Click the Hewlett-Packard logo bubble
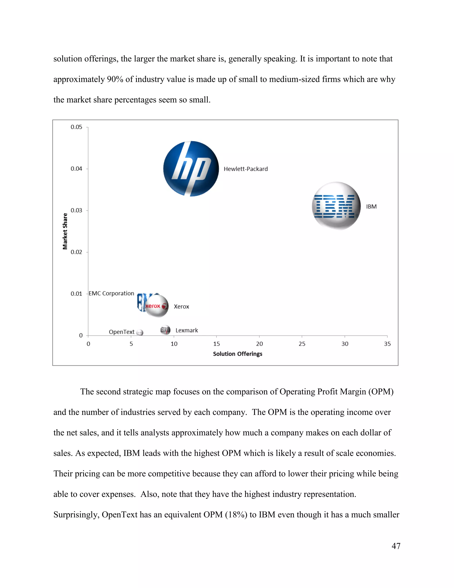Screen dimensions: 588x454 point(191,169)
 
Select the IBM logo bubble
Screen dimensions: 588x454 point(336,206)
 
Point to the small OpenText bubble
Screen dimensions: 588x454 point(140,333)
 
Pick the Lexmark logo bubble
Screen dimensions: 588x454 point(165,330)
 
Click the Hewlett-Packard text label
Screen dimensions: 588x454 point(246,169)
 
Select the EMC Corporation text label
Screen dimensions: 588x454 point(111,294)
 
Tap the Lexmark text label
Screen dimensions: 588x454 point(187,330)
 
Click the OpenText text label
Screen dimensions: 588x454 point(121,332)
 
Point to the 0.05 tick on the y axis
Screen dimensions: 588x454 point(76,127)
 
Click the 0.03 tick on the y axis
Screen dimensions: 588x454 point(76,211)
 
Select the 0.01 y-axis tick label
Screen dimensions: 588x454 point(76,294)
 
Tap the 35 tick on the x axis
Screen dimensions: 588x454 point(387,344)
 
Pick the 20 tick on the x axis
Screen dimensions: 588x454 point(259,344)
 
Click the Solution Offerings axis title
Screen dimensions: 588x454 point(237,354)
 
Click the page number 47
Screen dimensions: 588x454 point(396,546)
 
